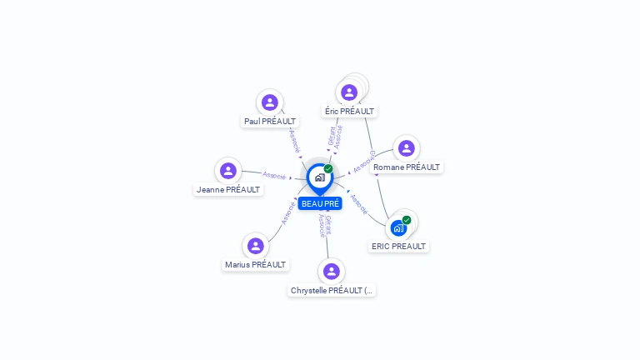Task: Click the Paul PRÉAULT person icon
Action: click(x=269, y=102)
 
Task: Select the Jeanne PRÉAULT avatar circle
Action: click(x=228, y=171)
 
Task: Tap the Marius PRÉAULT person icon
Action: click(x=256, y=246)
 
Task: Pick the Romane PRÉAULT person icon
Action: click(x=407, y=148)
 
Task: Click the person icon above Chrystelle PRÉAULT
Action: click(x=332, y=272)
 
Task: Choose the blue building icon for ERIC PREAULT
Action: click(x=398, y=227)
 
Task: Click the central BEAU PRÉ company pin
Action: click(x=319, y=177)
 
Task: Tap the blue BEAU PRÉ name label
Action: click(x=320, y=203)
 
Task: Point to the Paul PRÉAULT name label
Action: click(x=269, y=121)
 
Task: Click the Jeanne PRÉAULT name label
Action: click(x=228, y=189)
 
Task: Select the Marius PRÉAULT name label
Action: click(x=255, y=264)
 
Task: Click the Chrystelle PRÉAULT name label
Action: click(x=332, y=290)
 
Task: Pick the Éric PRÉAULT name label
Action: click(x=349, y=111)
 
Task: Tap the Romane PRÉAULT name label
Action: click(x=407, y=167)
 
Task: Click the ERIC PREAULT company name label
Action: click(x=398, y=246)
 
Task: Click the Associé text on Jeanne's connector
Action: click(x=274, y=175)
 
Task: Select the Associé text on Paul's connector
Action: click(x=293, y=139)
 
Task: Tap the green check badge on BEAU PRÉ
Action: click(x=328, y=168)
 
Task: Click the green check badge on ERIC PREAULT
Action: click(x=407, y=220)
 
